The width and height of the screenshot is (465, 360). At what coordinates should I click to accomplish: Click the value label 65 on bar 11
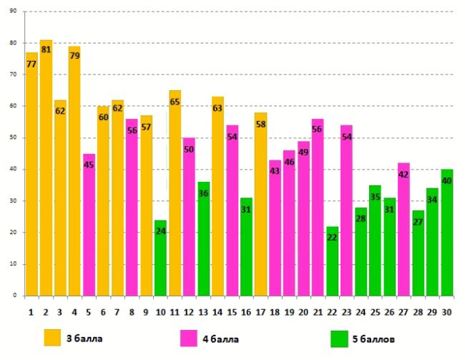(x=175, y=102)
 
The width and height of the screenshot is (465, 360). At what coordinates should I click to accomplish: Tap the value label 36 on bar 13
(x=203, y=193)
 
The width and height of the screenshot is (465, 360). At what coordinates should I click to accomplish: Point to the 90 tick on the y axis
(x=14, y=11)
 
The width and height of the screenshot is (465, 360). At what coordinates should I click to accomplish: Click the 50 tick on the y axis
(x=14, y=137)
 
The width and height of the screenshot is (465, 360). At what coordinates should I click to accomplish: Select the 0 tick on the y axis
(x=15, y=296)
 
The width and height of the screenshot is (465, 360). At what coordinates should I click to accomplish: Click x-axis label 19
(x=289, y=311)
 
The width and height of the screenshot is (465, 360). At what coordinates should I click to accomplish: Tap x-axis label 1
(x=31, y=311)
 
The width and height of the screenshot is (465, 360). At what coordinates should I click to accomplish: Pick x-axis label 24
(x=361, y=311)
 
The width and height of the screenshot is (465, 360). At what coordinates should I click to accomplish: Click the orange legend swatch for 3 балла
(x=52, y=337)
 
